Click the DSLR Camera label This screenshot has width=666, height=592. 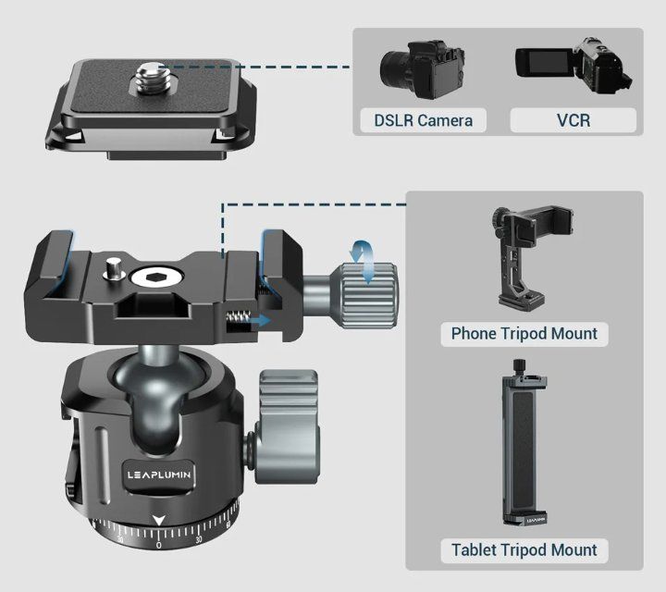click(x=423, y=120)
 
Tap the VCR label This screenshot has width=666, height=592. click(x=573, y=120)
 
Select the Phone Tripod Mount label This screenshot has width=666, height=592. click(x=524, y=334)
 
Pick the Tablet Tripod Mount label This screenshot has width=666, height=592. click(x=524, y=550)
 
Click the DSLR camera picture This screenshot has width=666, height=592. click(x=422, y=69)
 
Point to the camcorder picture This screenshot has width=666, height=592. click(x=573, y=66)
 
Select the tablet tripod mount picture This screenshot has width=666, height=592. click(x=524, y=442)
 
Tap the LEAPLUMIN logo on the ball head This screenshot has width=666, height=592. click(x=159, y=475)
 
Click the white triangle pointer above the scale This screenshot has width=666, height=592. click(x=159, y=521)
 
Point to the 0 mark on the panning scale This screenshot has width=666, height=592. click(x=158, y=545)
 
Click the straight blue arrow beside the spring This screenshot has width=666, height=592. click(x=260, y=321)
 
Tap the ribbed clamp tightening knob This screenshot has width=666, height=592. click(x=368, y=296)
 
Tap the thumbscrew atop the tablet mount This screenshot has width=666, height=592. click(x=519, y=366)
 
